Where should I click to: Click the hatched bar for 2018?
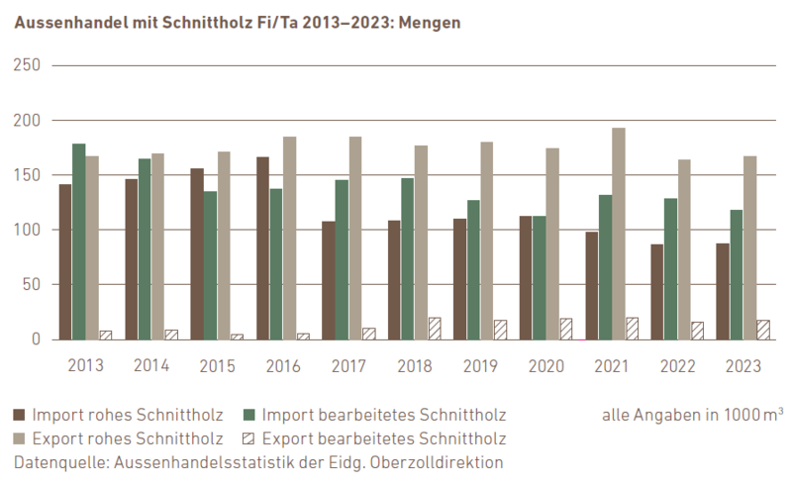coord(435,329)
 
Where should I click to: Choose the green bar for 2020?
coord(539,277)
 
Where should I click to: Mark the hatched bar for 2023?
coord(762,330)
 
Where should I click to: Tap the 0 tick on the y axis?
coord(35,339)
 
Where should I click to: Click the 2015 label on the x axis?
coord(217,365)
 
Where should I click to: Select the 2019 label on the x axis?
coord(481,365)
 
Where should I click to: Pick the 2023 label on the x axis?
coord(743,365)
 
